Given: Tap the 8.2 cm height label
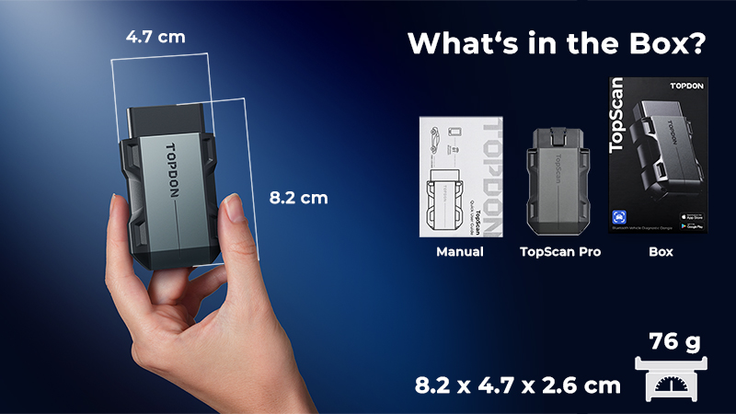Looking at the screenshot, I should (x=298, y=197).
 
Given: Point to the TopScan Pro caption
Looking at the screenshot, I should (x=560, y=251).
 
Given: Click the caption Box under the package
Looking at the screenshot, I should (x=661, y=251).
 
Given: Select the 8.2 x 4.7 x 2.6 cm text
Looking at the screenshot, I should (x=516, y=385).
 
